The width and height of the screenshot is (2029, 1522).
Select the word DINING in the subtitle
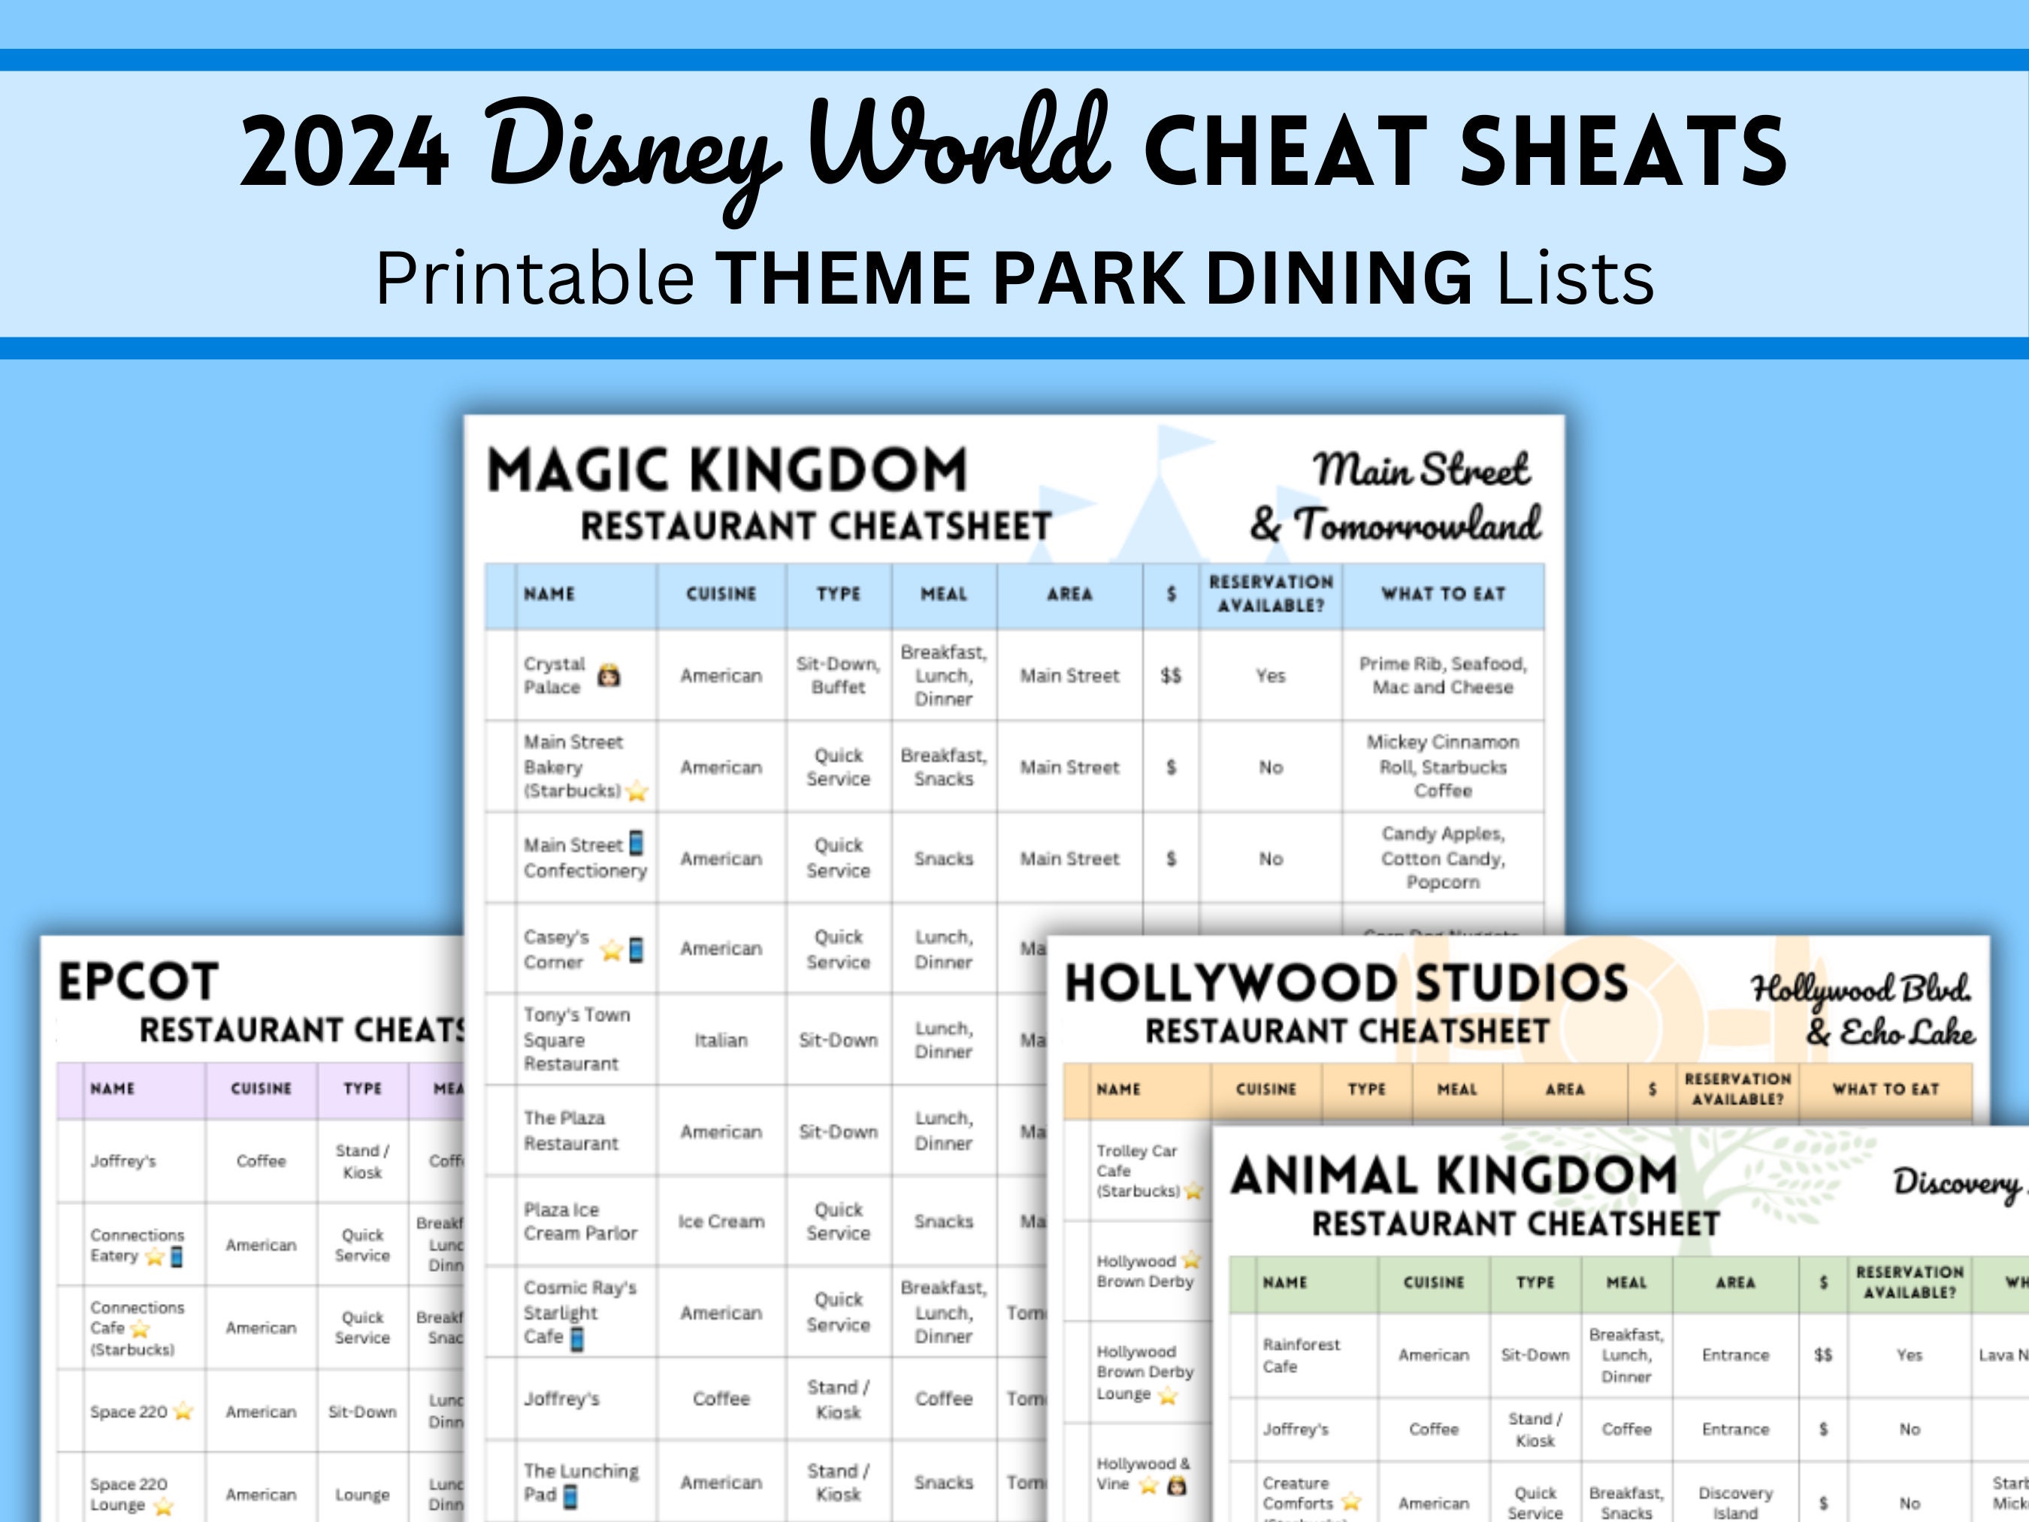1338,277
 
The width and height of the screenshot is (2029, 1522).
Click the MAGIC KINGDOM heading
727,470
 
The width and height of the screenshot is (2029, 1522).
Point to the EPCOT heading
138,982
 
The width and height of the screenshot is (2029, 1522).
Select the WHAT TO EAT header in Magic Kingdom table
1443,595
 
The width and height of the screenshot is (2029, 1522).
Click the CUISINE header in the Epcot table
262,1089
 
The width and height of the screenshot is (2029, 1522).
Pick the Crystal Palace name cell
554,675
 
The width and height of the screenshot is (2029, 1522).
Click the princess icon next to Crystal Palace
609,677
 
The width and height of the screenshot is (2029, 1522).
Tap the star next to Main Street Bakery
637,791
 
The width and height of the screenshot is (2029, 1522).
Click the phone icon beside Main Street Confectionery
636,843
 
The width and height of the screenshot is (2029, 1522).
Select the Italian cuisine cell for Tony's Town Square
721,1040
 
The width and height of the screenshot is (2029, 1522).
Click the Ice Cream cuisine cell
721,1222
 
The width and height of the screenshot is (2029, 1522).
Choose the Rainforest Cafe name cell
1301,1355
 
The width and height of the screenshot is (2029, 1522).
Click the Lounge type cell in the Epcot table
362,1494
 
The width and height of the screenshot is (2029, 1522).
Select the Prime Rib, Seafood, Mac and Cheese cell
1443,675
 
